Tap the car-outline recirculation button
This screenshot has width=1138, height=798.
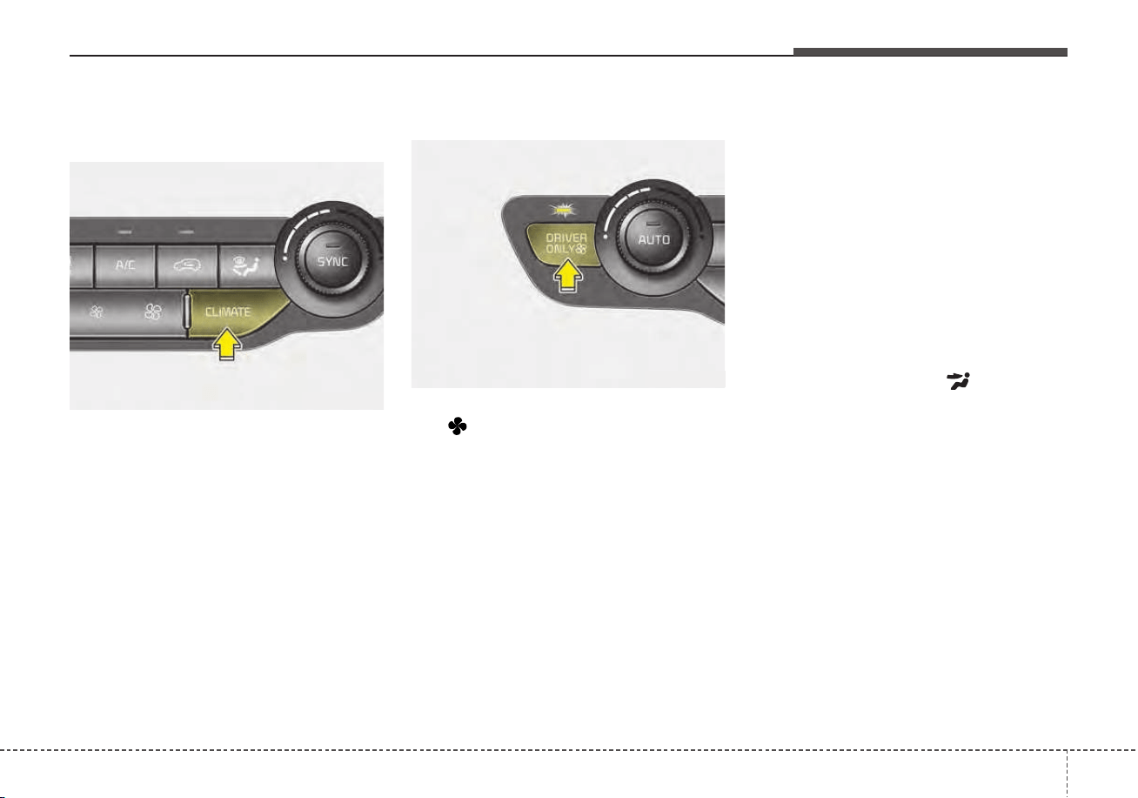click(x=187, y=265)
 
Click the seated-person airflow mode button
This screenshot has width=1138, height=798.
click(x=247, y=265)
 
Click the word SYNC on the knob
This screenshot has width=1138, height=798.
click(x=332, y=261)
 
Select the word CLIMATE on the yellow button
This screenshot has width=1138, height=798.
click(x=228, y=312)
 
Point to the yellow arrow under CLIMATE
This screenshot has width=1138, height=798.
click(x=227, y=344)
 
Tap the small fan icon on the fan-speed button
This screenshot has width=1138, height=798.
click(x=96, y=312)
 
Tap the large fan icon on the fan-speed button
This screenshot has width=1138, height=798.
click(x=153, y=312)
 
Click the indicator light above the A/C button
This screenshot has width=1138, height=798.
click(x=125, y=232)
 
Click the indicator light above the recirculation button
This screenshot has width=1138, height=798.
click(x=187, y=232)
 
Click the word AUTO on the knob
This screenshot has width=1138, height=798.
click(x=654, y=239)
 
